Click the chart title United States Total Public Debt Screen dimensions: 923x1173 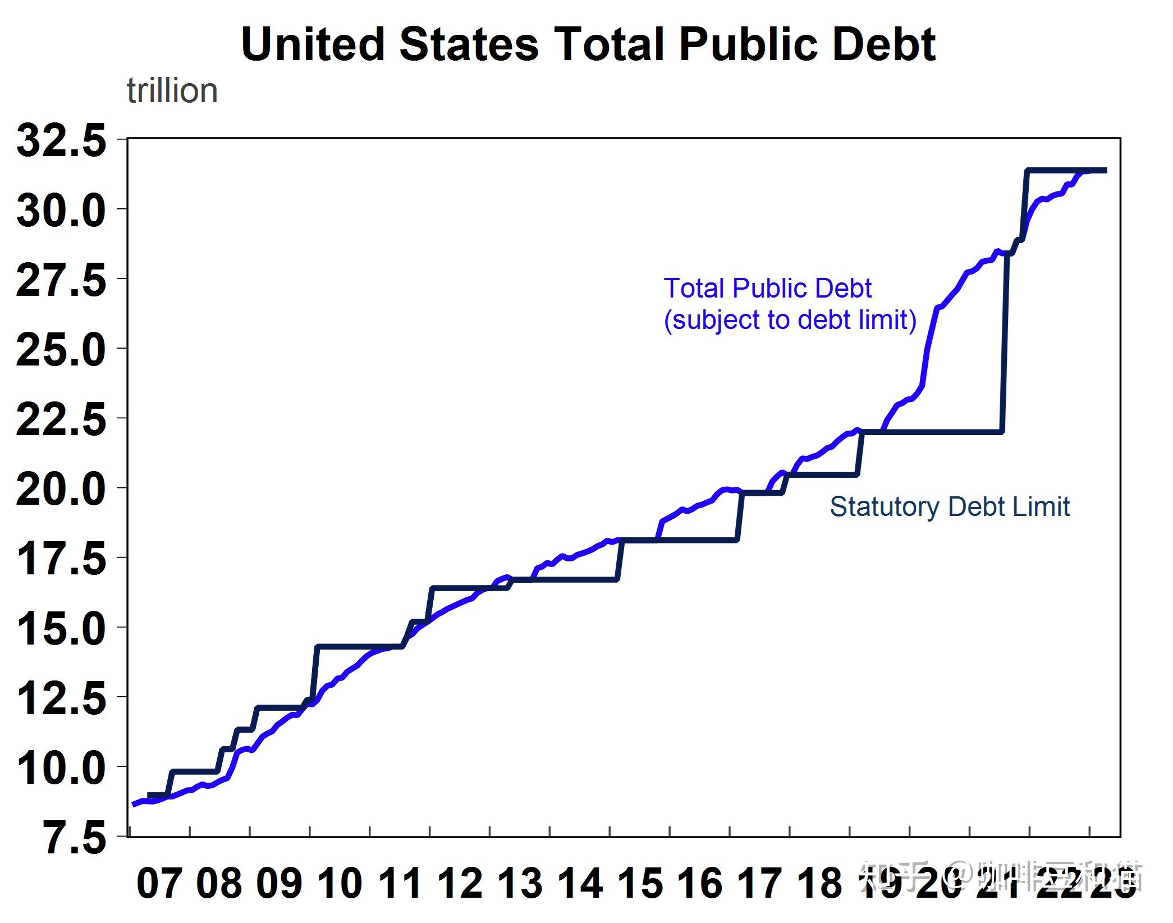pyautogui.click(x=588, y=44)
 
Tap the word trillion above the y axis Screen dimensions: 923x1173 pyautogui.click(x=172, y=91)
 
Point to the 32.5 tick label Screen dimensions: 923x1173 pyautogui.click(x=61, y=140)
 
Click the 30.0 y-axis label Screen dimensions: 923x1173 pyautogui.click(x=61, y=211)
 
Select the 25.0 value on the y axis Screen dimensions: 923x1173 pyautogui.click(x=61, y=350)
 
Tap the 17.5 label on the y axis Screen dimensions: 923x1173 pyautogui.click(x=61, y=559)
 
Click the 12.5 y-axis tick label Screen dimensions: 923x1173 pyautogui.click(x=61, y=698)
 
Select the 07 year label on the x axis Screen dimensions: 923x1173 pyautogui.click(x=159, y=883)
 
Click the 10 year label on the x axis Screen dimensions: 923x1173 pyautogui.click(x=340, y=883)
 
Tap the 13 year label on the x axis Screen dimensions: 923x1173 pyautogui.click(x=520, y=883)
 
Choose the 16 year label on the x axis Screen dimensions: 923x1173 pyautogui.click(x=700, y=883)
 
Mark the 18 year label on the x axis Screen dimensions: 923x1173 pyautogui.click(x=820, y=883)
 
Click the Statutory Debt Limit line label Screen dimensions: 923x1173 pyautogui.click(x=950, y=507)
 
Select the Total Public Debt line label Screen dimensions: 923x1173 pyautogui.click(x=767, y=289)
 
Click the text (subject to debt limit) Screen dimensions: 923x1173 pyautogui.click(x=790, y=320)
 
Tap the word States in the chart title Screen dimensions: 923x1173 pyautogui.click(x=469, y=44)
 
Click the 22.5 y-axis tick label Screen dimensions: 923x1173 pyautogui.click(x=61, y=420)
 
